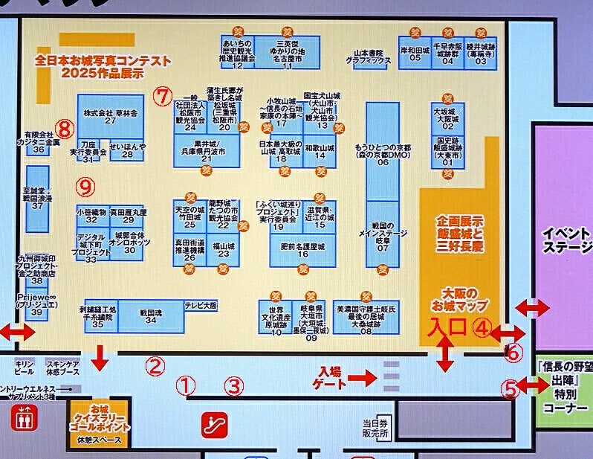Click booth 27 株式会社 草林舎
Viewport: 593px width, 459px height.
point(110,115)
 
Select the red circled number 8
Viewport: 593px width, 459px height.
point(65,129)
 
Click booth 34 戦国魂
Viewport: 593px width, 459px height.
point(151,315)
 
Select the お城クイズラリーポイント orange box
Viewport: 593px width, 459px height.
point(99,422)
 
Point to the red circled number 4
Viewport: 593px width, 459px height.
point(483,327)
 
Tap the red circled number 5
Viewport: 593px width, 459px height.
point(510,388)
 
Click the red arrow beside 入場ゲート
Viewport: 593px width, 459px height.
point(363,378)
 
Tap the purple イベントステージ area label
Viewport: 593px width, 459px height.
point(568,240)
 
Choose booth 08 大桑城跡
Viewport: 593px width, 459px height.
point(366,315)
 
